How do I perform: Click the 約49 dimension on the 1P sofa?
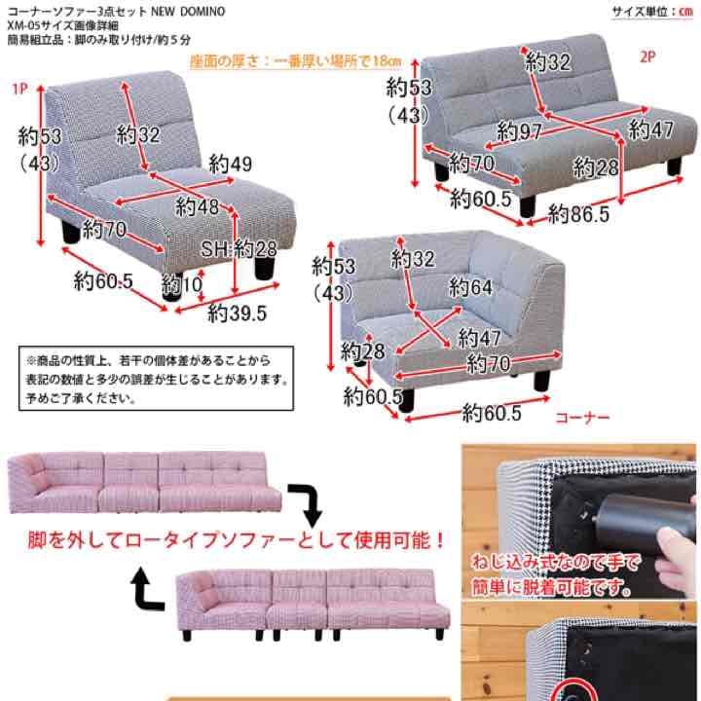pyautogui.click(x=230, y=164)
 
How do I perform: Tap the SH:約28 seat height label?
pyautogui.click(x=240, y=249)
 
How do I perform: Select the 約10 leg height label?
pyautogui.click(x=182, y=284)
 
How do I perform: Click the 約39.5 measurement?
pyautogui.click(x=237, y=313)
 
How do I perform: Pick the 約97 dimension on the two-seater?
pyautogui.click(x=519, y=130)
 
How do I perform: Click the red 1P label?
pyautogui.click(x=18, y=90)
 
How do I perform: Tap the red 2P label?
pyautogui.click(x=648, y=55)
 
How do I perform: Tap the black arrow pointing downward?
pyautogui.click(x=310, y=501)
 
